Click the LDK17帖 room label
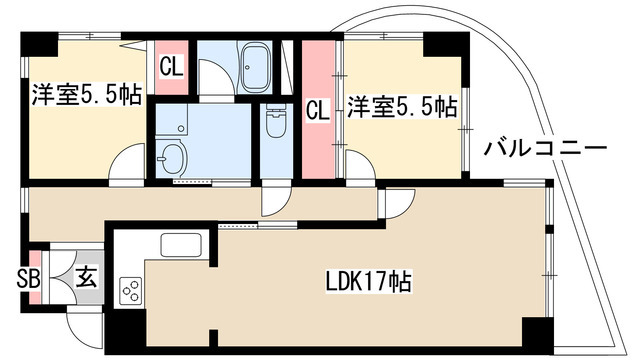pos(368,281)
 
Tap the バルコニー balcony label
pos(545,149)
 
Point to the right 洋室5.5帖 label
pos(402,107)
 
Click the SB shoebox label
pos(28,280)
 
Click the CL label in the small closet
pos(171,67)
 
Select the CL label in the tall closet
pos(318,110)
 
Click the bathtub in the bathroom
pos(255,68)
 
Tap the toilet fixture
pos(276,119)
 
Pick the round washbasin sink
pos(171,157)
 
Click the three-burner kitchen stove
pos(131,290)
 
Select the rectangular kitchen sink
pos(181,245)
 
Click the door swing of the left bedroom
pos(127,162)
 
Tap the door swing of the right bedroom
pos(360,164)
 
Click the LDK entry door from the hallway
pos(396,203)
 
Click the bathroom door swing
pos(216,78)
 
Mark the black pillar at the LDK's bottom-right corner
pos(538,335)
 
